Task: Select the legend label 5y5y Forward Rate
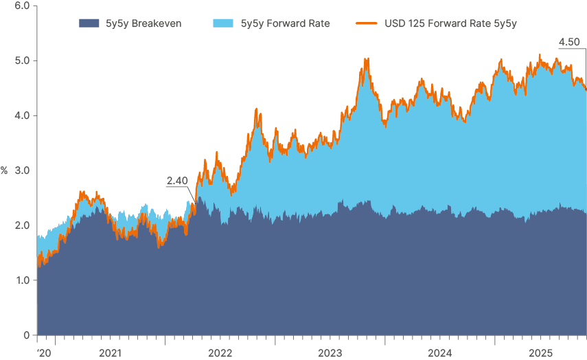point(285,23)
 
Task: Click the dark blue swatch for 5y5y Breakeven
point(89,23)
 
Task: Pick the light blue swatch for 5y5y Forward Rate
point(223,23)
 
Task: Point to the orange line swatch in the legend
point(365,23)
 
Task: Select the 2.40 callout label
point(177,181)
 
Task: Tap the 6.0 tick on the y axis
point(21,5)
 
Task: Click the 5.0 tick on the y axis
point(21,60)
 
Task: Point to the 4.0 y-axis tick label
point(21,115)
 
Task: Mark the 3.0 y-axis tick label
point(21,170)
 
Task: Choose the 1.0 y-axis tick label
point(21,280)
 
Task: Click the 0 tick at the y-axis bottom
point(25,335)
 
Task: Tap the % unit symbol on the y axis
point(4,170)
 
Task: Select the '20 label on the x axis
point(44,353)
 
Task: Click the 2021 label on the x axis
point(111,353)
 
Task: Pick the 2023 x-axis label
point(330,353)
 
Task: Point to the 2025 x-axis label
point(540,353)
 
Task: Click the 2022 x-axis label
point(220,353)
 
